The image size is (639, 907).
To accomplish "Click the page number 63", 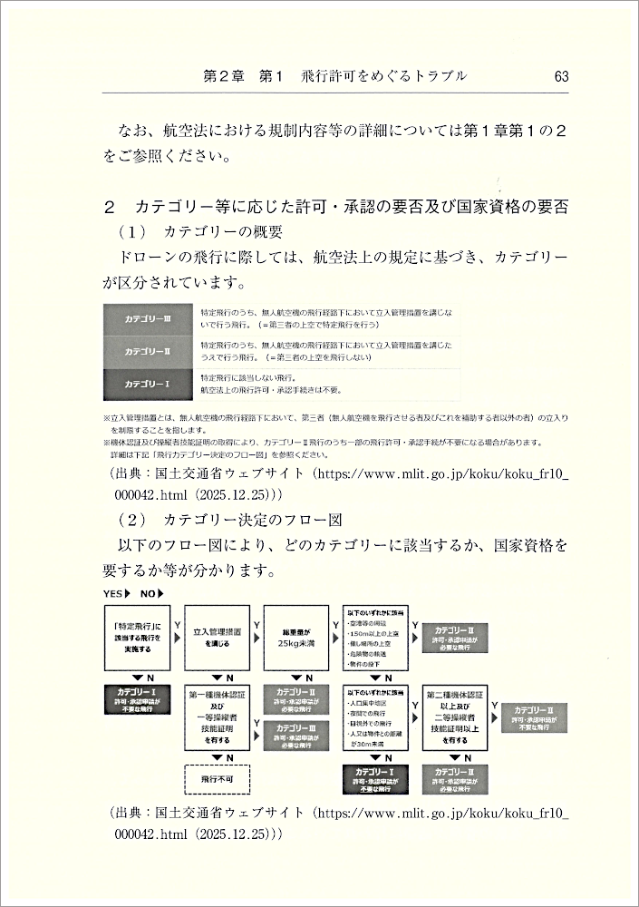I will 560,76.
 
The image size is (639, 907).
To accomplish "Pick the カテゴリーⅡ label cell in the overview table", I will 148,351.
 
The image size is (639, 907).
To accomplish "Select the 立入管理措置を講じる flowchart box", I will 217,639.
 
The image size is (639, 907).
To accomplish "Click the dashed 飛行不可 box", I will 217,778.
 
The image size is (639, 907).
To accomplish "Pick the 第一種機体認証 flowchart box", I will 217,717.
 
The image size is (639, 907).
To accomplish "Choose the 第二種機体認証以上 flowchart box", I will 457,717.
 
